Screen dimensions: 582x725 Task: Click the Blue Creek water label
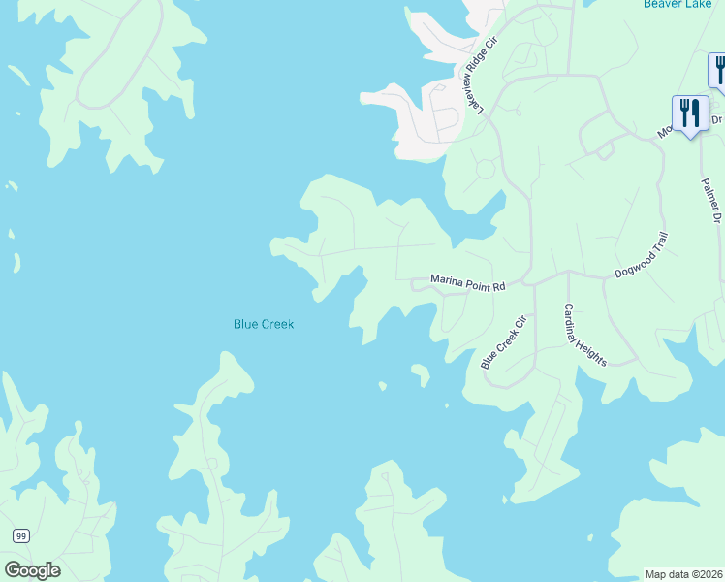click(263, 324)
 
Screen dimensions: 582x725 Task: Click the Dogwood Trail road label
click(642, 255)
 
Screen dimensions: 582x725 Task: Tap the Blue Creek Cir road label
click(502, 341)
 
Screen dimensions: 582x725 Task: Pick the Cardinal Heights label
click(585, 335)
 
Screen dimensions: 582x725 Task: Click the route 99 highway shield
click(20, 535)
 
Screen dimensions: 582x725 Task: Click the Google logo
click(32, 570)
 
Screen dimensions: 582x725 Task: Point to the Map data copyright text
click(683, 573)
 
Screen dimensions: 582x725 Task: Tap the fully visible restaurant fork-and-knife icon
click(689, 114)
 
